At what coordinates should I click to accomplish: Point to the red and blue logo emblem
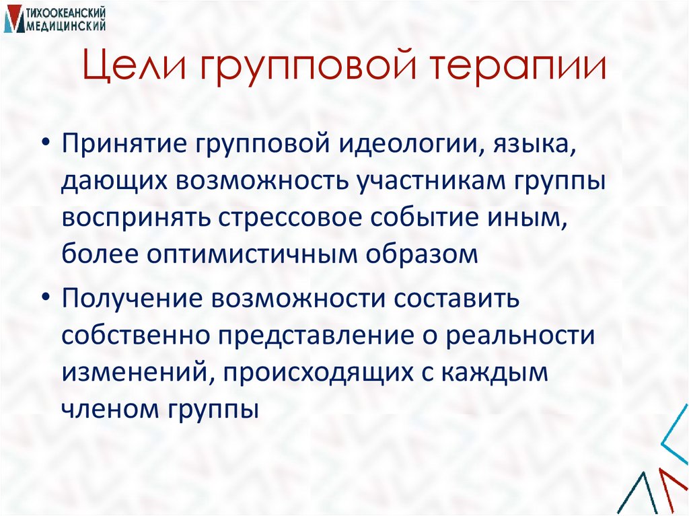(13, 19)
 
